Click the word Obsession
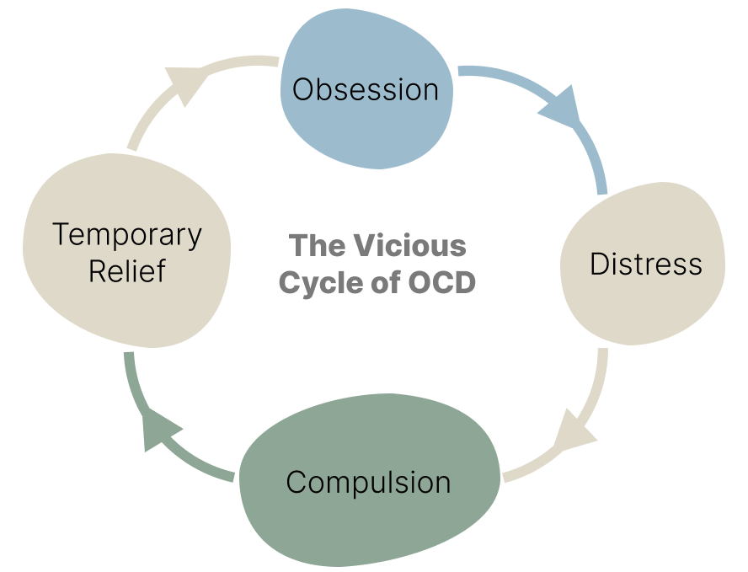point(365,88)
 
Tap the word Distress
point(645,264)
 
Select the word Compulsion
point(368,483)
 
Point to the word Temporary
point(127,235)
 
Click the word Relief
point(128,271)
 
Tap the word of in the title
point(385,283)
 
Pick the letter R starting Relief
point(97,271)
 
